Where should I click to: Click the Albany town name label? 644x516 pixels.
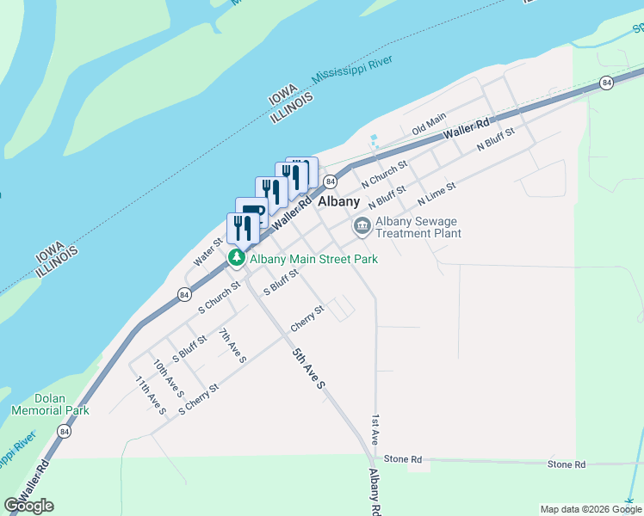[x=338, y=201]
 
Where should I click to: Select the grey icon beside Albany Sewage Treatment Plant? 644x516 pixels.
[x=362, y=226]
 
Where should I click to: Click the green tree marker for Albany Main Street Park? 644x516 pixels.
[x=234, y=258]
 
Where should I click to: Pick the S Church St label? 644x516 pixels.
[x=219, y=295]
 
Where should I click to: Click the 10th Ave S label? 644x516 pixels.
[x=167, y=378]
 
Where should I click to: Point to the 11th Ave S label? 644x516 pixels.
[x=150, y=394]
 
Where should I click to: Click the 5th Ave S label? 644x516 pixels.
[x=307, y=367]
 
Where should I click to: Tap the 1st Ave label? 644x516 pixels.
[x=375, y=429]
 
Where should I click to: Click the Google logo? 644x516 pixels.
[x=28, y=506]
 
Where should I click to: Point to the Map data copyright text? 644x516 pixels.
[x=590, y=509]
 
